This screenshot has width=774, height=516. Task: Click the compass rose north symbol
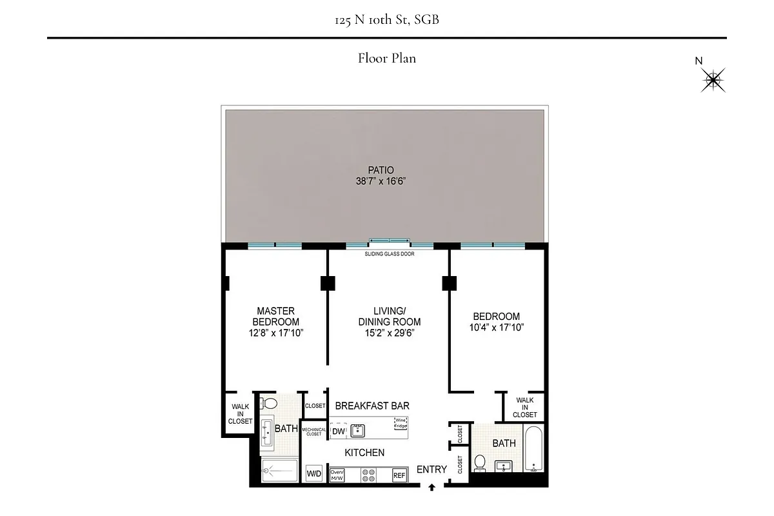(713, 80)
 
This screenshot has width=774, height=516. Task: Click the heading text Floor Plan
(387, 59)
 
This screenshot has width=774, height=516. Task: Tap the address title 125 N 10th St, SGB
(387, 20)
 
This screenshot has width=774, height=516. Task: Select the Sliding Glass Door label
(390, 254)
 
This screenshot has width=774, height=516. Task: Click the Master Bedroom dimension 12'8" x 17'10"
(276, 333)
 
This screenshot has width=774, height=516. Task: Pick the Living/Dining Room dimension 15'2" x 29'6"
(389, 333)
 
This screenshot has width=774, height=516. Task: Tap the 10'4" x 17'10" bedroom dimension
(496, 327)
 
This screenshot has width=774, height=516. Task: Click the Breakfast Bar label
(372, 406)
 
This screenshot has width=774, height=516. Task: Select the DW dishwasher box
(339, 432)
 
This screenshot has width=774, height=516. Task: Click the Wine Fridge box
(401, 424)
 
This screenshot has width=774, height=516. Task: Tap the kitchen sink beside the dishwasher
(358, 431)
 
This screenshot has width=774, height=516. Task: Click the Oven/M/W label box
(337, 475)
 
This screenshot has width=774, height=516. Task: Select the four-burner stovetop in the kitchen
(368, 475)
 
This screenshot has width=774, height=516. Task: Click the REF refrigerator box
(400, 475)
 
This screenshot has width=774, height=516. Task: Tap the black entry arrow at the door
(432, 488)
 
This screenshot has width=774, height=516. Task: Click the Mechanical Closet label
(313, 432)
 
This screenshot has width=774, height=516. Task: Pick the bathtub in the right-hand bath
(533, 449)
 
